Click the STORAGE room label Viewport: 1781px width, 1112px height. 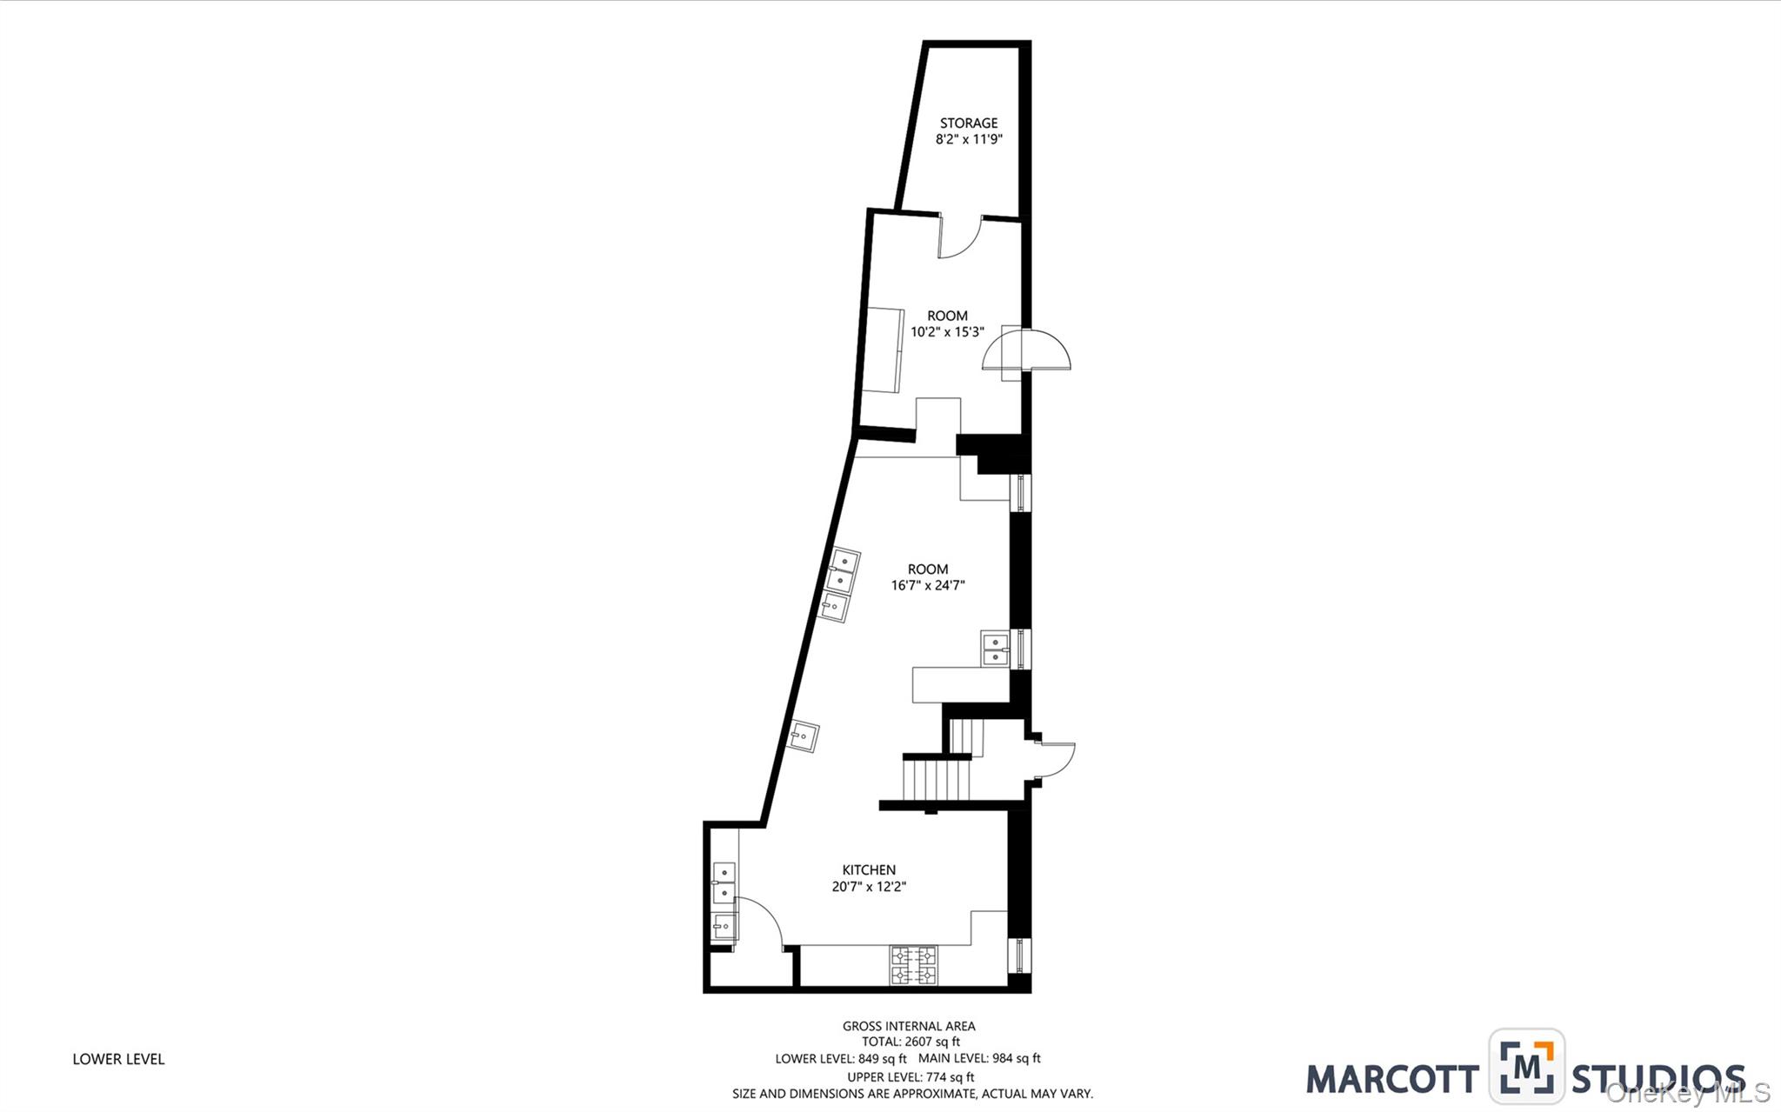(968, 123)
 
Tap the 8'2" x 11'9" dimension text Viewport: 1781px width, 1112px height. (968, 139)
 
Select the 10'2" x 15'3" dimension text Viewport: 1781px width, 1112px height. (947, 331)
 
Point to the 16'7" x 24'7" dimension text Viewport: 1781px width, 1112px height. (927, 585)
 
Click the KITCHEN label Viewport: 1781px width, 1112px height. (868, 869)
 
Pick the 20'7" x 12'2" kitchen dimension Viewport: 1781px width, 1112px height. (868, 887)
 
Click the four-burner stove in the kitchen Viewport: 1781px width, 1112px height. (913, 966)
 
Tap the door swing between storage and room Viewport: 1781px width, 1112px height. (959, 237)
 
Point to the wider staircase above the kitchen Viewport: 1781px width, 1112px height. (936, 779)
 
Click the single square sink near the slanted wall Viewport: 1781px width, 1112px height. (804, 736)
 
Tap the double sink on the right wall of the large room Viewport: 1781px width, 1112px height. (994, 649)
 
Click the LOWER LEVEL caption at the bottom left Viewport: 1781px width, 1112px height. (118, 1059)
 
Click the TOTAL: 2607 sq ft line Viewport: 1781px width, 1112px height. (911, 1042)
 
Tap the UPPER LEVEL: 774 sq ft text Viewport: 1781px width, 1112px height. (911, 1076)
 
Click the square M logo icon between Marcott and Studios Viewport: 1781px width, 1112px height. (1526, 1066)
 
